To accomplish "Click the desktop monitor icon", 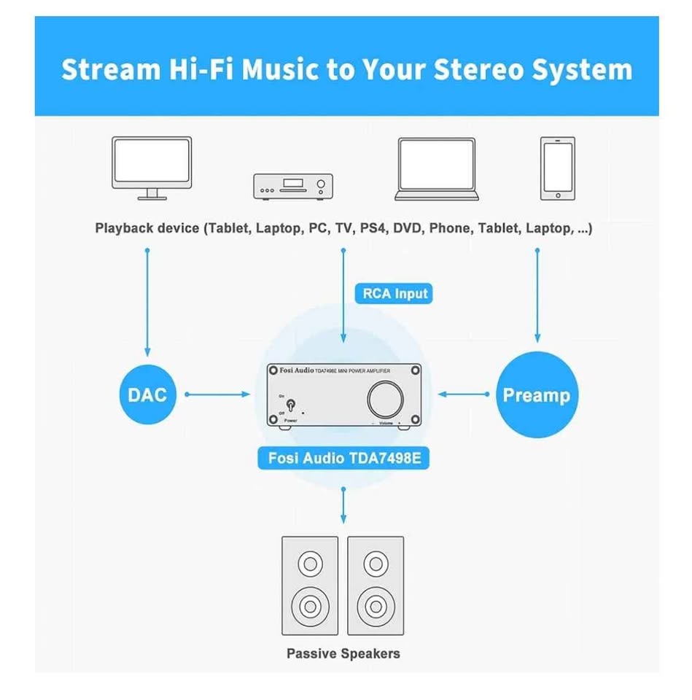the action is pyautogui.click(x=152, y=168).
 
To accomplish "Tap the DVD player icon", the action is pyautogui.click(x=293, y=187).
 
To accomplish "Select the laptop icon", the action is pyautogui.click(x=437, y=168).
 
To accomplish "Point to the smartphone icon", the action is pyautogui.click(x=558, y=168).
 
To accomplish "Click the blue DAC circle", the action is pyautogui.click(x=148, y=394).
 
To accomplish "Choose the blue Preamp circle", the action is pyautogui.click(x=537, y=394).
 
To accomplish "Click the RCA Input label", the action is pyautogui.click(x=394, y=294).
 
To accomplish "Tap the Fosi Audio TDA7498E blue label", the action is pyautogui.click(x=343, y=458).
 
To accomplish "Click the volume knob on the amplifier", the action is pyautogui.click(x=385, y=399).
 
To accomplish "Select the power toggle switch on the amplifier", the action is pyautogui.click(x=291, y=405).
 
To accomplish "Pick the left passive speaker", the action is pyautogui.click(x=310, y=586).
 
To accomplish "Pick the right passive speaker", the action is pyautogui.click(x=376, y=586).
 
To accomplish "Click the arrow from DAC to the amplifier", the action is pyautogui.click(x=217, y=394).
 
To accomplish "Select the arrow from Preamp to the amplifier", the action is pyautogui.click(x=464, y=394).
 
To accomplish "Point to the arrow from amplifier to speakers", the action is pyautogui.click(x=343, y=505).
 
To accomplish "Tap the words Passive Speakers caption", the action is pyautogui.click(x=343, y=653).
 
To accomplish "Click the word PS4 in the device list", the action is pyautogui.click(x=373, y=228).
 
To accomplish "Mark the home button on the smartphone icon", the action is pyautogui.click(x=558, y=195).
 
